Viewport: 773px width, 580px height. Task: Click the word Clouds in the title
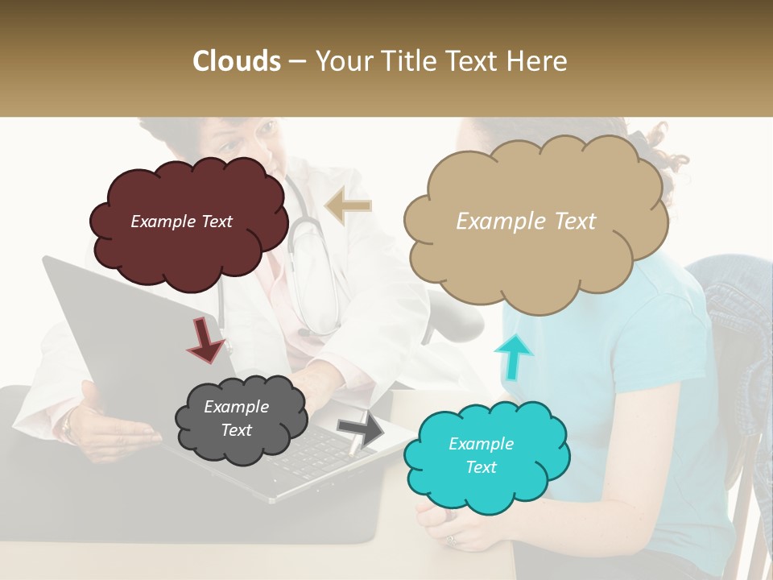pos(237,61)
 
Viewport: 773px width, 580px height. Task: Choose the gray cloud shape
pos(242,447)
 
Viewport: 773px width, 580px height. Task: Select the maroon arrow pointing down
pos(205,339)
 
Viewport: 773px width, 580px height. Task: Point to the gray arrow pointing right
pos(361,428)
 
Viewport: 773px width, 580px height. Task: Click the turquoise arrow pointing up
pos(513,355)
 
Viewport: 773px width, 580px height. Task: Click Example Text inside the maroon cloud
pos(181,222)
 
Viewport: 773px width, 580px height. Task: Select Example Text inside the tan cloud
pos(526,222)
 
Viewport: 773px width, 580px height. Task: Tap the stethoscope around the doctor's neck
pos(310,266)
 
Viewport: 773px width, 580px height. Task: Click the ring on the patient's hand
pos(451,538)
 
